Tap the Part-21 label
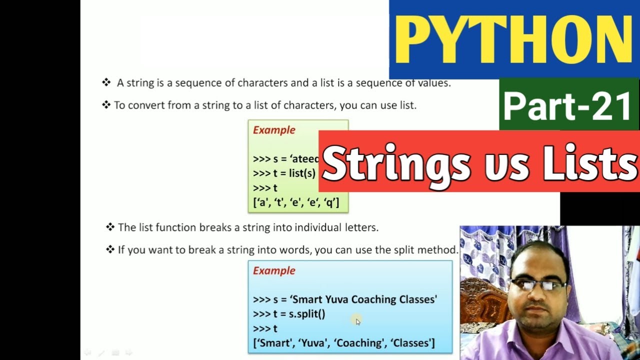pos(567,106)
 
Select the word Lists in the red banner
pos(590,164)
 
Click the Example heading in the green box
pos(274,130)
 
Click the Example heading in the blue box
pos(274,270)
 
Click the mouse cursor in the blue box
pos(357,321)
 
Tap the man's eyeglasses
pos(537,285)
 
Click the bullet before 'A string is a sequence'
pos(106,82)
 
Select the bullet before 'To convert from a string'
pos(106,105)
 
